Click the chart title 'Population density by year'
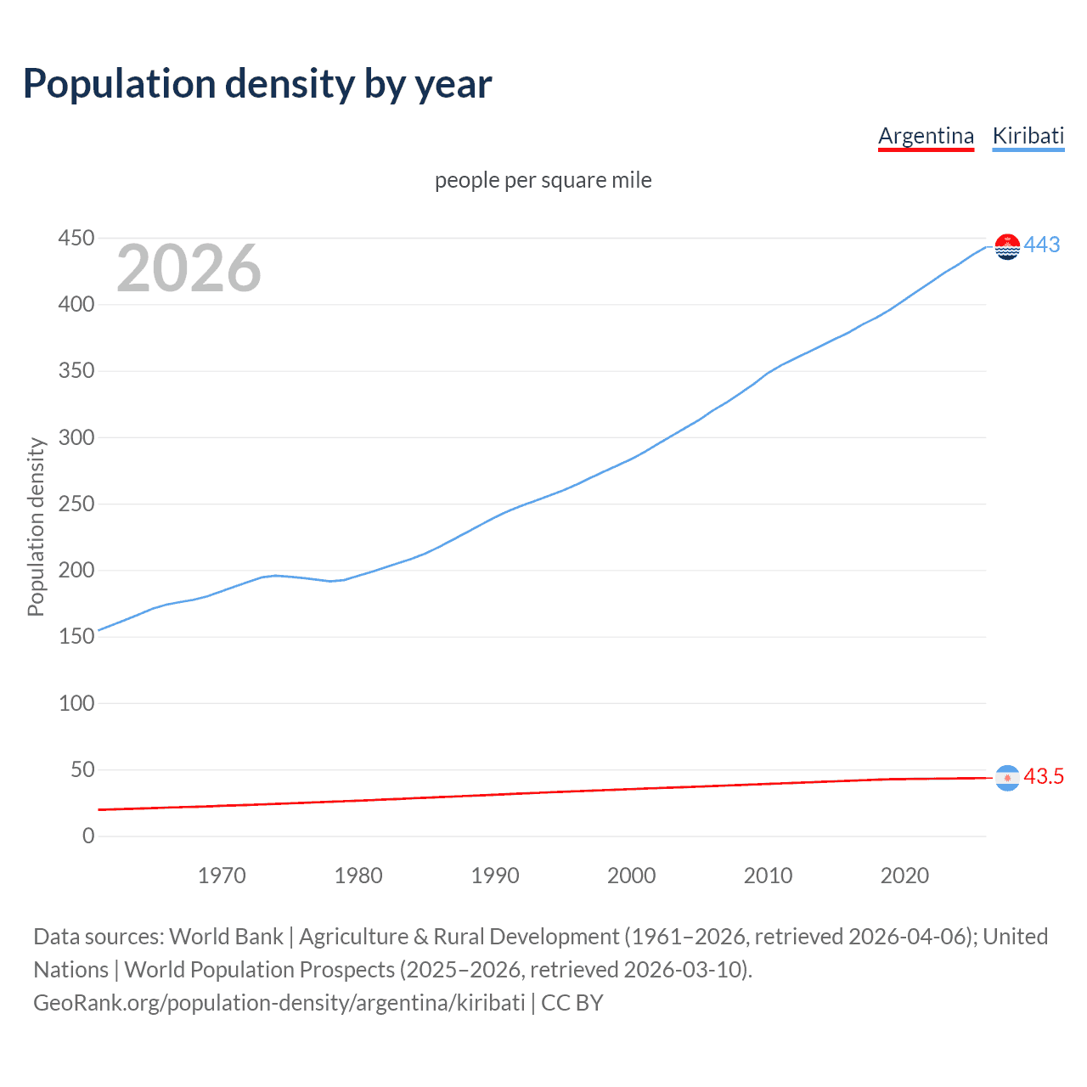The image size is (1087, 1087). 257,84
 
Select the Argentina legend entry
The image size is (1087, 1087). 926,136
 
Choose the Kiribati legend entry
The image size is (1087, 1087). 1028,136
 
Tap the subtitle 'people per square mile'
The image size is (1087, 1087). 543,180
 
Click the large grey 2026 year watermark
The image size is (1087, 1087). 189,269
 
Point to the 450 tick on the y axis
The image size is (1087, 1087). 76,239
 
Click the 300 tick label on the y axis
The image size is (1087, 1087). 76,438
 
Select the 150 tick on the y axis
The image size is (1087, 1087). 76,637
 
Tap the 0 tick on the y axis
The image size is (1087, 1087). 88,836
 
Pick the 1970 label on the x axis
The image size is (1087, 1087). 222,876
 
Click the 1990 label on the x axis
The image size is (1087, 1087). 495,876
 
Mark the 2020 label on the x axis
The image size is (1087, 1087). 904,876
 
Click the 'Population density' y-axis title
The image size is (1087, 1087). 36,527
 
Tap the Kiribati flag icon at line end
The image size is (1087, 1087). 1007,246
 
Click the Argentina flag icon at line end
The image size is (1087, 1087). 1007,777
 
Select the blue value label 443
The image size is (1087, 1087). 1042,245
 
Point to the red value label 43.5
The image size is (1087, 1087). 1044,777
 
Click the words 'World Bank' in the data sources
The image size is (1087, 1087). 226,937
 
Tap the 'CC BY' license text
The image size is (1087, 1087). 572,1003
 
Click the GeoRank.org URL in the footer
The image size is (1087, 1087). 279,1003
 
